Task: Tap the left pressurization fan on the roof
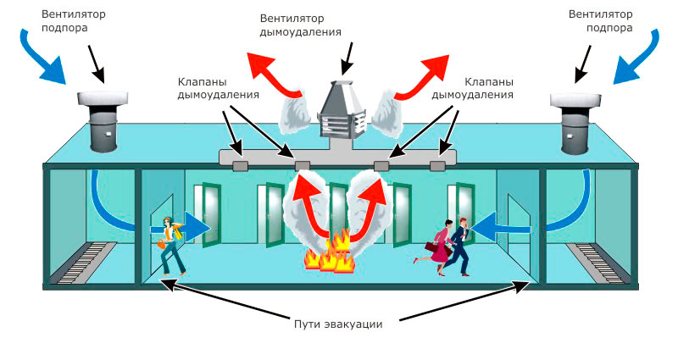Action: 102,121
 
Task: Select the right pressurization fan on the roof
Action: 575,123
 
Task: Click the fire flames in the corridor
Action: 330,252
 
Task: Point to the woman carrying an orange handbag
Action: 172,246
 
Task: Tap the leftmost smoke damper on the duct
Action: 241,165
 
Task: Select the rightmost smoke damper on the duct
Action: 437,165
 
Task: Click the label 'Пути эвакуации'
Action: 338,324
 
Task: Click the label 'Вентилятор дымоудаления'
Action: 301,25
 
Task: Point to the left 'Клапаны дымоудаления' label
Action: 219,88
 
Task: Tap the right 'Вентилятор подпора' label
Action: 600,20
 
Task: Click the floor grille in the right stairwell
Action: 596,263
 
